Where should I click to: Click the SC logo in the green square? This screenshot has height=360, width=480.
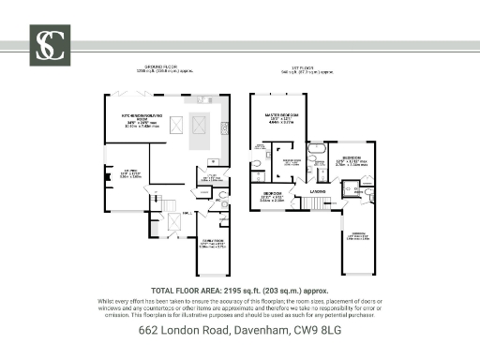tap(49, 43)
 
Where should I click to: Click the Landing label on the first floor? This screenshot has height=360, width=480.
tap(318, 191)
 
